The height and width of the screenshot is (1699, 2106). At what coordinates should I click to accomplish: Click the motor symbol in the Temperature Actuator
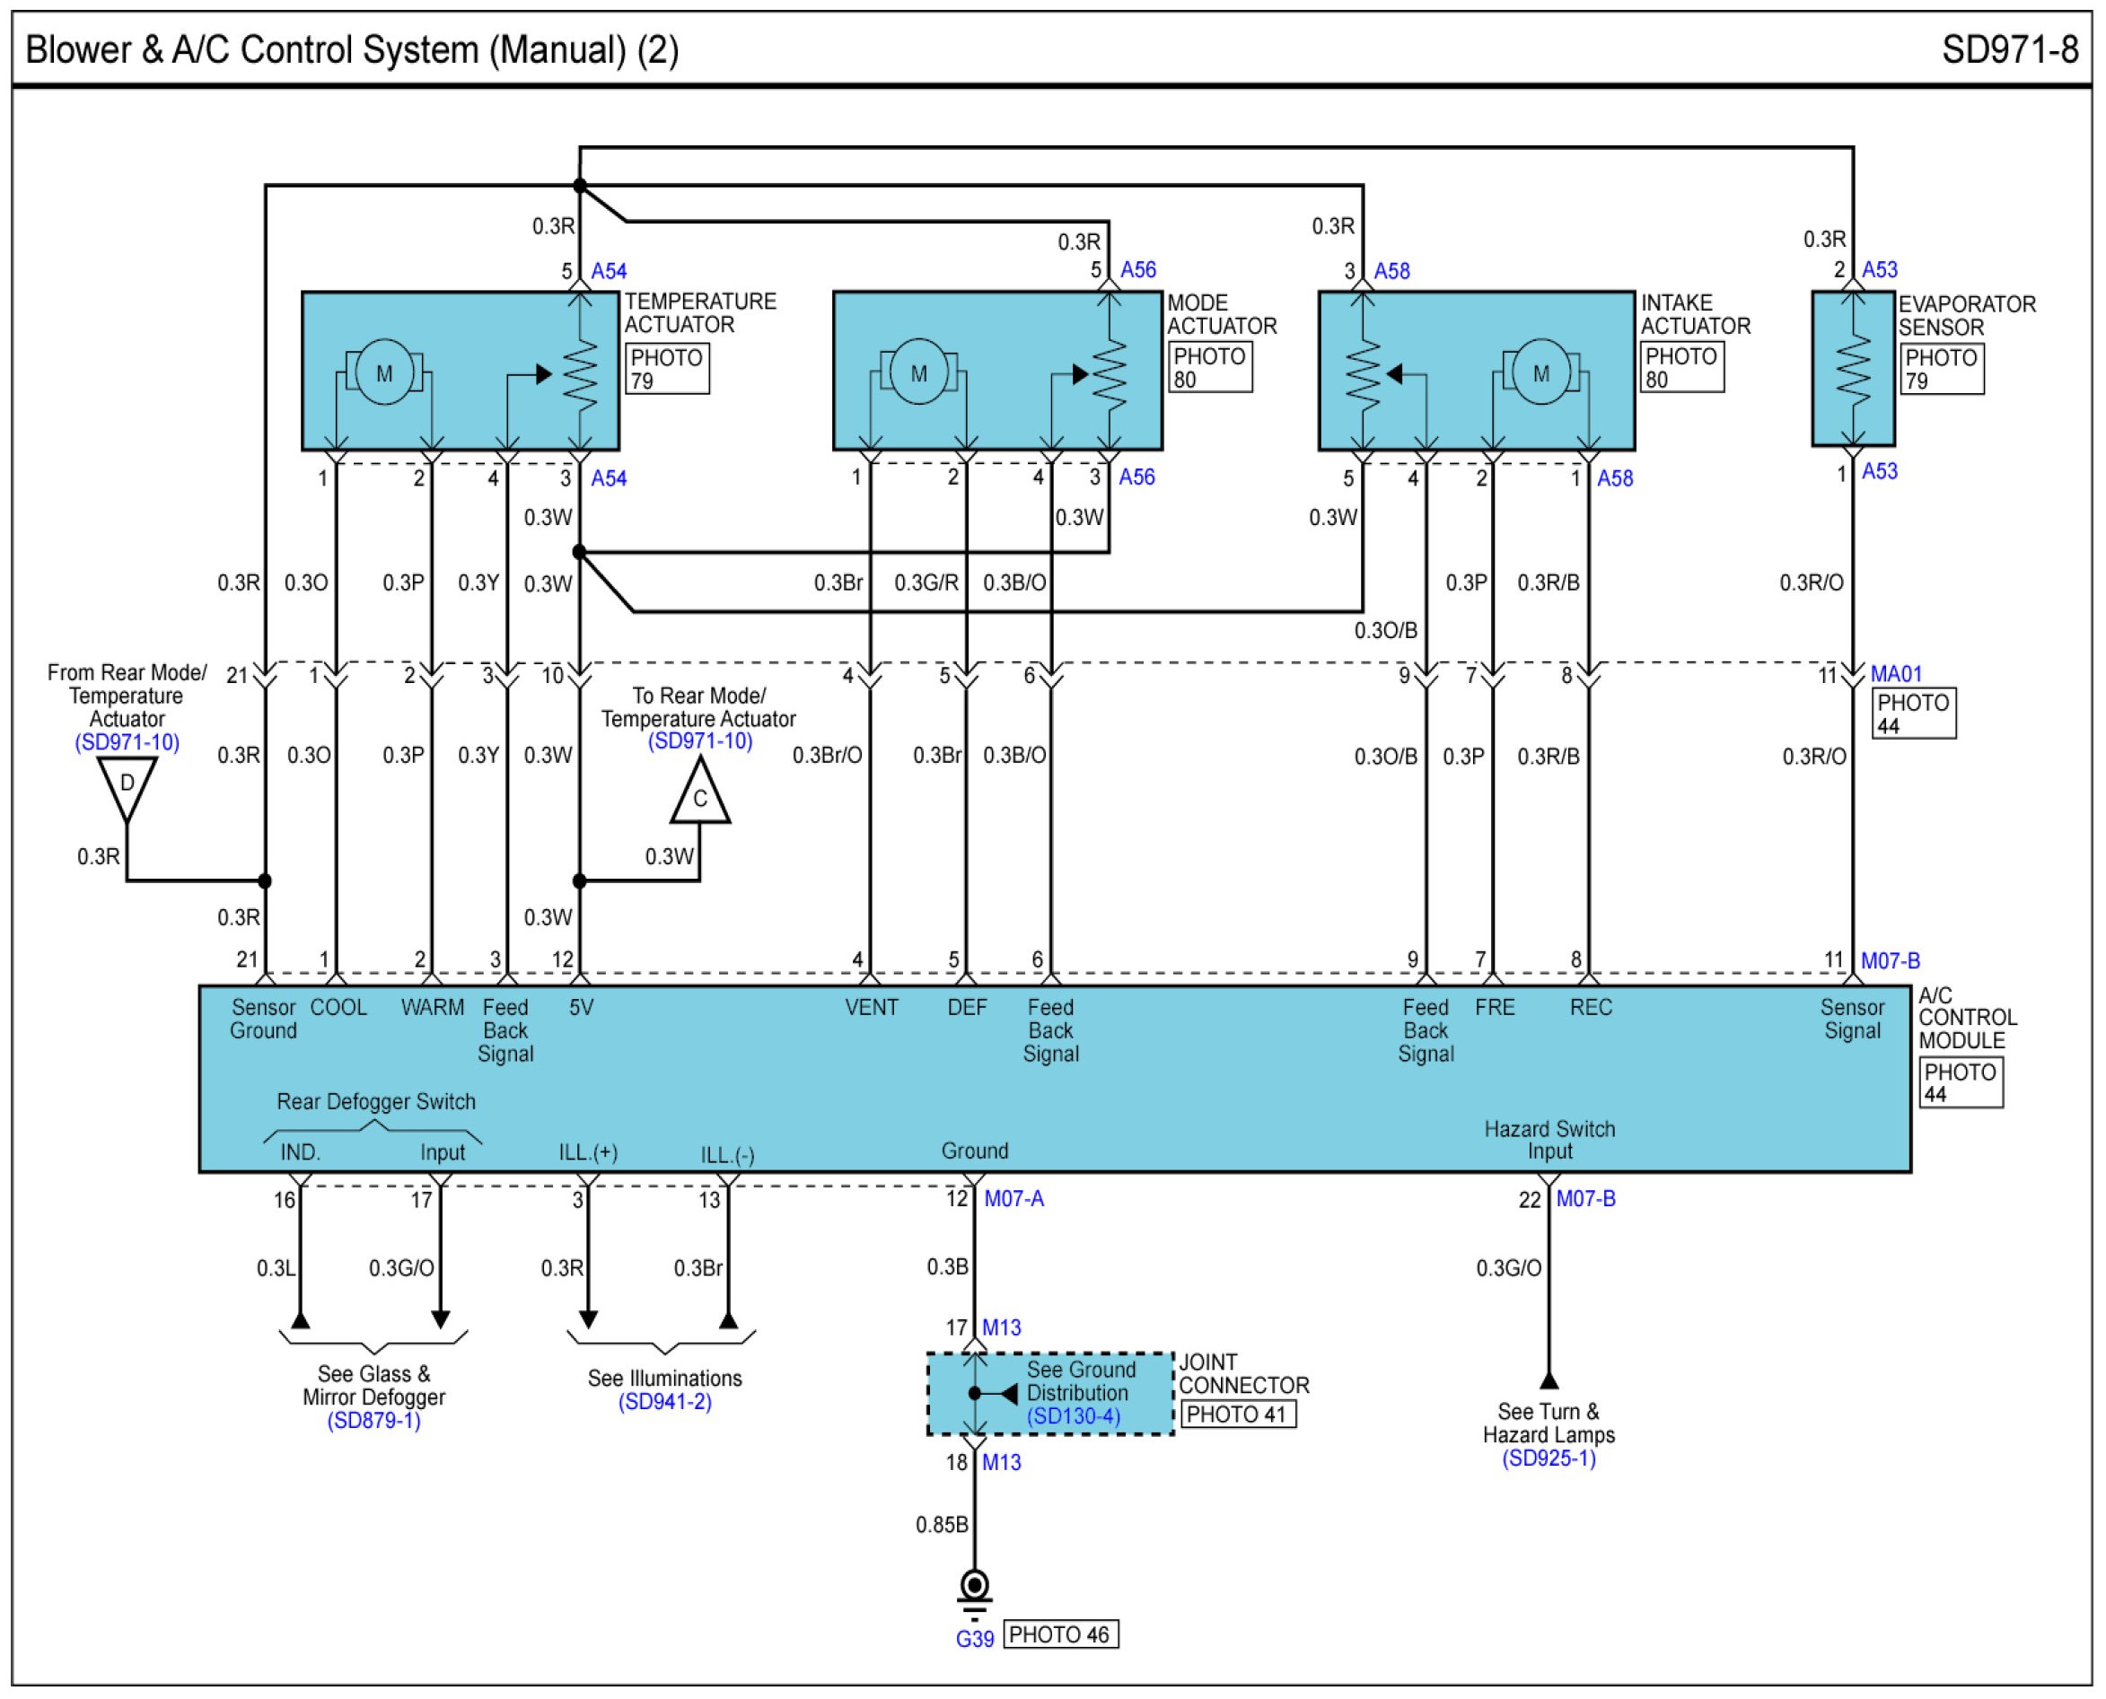383,372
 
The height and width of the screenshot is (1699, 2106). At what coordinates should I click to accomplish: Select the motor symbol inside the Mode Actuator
918,372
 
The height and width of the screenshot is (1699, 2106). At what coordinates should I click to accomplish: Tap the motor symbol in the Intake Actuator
1540,372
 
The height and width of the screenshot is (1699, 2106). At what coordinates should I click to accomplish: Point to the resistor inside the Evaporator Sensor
1853,369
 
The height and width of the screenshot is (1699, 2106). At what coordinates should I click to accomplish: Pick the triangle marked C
699,793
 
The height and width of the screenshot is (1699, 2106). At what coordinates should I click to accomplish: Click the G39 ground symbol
974,1590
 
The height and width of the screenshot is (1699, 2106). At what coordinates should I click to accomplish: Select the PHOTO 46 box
1061,1634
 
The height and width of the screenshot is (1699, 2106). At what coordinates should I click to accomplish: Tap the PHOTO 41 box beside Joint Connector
1238,1414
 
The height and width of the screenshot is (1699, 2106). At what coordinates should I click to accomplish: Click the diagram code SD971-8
2010,50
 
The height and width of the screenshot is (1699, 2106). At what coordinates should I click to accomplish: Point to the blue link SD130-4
1074,1416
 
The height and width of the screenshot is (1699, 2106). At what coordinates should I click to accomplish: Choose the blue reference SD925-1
1549,1459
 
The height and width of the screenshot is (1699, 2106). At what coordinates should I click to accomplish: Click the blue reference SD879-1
373,1421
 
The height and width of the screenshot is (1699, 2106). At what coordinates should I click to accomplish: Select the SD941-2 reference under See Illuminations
664,1403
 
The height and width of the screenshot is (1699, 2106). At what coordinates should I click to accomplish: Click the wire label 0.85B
942,1525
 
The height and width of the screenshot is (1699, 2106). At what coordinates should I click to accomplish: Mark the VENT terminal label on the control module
871,1007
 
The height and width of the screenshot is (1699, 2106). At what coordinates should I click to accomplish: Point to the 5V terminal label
582,1007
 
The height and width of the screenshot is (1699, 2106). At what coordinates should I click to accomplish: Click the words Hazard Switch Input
1549,1140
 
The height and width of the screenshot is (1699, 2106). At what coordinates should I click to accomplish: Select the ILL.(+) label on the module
588,1152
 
